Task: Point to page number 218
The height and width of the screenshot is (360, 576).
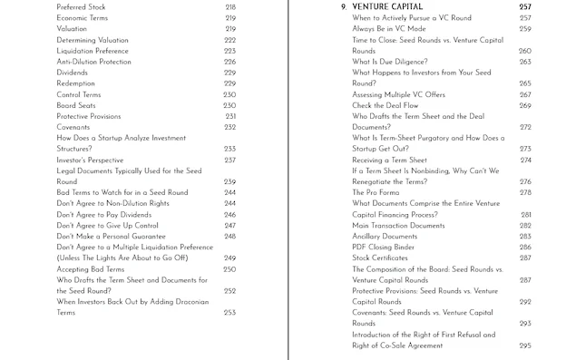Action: pos(229,6)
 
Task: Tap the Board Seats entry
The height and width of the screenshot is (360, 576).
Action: pos(78,105)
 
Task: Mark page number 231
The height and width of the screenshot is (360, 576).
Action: pos(229,116)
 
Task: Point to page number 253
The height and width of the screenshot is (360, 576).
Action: pos(229,313)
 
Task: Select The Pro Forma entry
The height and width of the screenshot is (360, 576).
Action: pos(374,192)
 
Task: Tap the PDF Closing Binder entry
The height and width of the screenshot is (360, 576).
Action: pos(385,247)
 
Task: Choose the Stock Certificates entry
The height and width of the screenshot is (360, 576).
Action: pos(380,258)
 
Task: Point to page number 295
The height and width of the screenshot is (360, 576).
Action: pos(525,345)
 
